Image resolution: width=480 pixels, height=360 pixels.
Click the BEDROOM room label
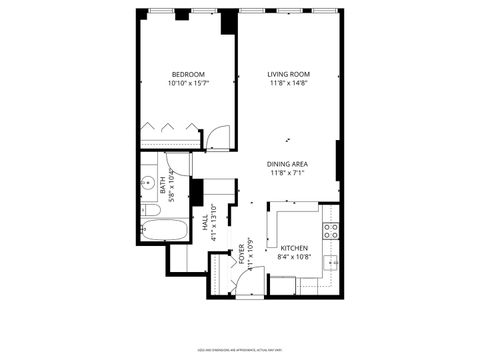click(188, 74)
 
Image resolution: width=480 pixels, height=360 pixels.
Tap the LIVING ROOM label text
click(287, 74)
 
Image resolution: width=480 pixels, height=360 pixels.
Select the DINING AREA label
click(287, 164)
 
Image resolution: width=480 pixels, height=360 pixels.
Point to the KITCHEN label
click(294, 248)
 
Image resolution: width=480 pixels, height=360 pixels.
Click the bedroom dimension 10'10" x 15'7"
click(188, 84)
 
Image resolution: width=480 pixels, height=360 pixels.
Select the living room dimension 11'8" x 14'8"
click(287, 84)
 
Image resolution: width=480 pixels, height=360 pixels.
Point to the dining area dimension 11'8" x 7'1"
click(287, 174)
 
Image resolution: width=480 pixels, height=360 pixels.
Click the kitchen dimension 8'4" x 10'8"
click(294, 257)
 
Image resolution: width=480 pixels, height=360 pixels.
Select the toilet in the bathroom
click(149, 210)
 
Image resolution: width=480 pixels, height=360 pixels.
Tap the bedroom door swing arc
click(219, 136)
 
